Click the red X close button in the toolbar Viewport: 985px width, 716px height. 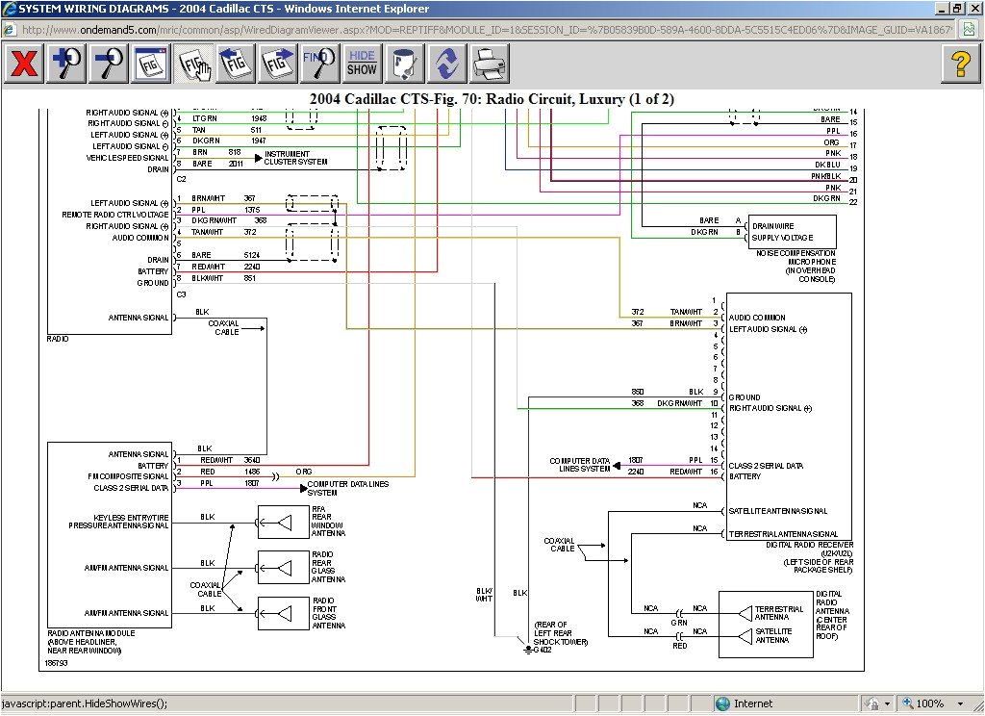24,64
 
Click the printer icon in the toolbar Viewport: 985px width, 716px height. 490,64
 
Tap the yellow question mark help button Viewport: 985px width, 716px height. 959,64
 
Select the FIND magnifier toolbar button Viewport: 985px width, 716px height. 319,64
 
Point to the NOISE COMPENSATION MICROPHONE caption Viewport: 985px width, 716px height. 798,262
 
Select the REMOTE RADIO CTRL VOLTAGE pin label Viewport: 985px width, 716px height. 115,215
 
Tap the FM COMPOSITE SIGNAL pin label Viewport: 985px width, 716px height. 128,476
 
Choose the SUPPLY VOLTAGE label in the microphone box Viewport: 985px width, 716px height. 782,237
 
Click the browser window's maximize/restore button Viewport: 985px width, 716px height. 956,8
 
